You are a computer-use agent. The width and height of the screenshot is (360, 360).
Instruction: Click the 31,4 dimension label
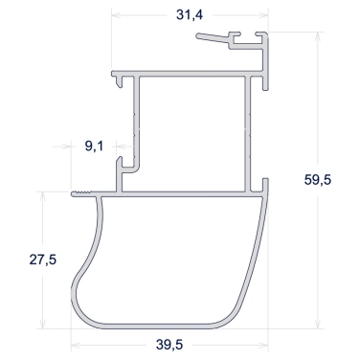point(190,14)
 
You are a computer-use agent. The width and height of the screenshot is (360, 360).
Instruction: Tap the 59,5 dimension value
point(318,180)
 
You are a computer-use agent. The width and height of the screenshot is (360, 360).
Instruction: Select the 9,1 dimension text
point(94,146)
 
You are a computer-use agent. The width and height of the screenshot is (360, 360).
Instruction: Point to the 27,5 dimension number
point(43,259)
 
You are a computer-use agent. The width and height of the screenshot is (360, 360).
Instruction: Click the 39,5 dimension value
point(169,345)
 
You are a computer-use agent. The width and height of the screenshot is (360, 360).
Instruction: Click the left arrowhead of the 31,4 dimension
point(116,15)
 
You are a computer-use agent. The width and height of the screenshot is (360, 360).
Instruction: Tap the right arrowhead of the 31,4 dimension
point(263,15)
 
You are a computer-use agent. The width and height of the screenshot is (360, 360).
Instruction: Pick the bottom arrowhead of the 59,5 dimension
point(318,324)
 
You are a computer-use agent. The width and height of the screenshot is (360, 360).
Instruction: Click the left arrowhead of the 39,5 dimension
point(76,345)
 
